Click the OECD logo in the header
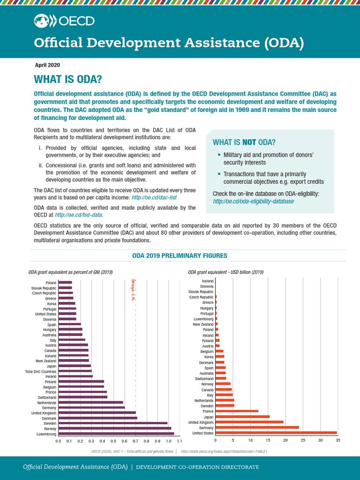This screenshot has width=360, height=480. click(64, 21)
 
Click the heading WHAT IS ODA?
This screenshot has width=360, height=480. click(68, 79)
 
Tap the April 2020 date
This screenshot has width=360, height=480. click(47, 65)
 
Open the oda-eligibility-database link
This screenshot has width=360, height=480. click(253, 201)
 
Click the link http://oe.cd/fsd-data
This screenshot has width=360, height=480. click(79, 215)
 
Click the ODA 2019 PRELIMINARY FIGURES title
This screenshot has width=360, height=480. click(180, 256)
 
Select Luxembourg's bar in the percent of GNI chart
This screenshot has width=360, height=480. click(116, 434)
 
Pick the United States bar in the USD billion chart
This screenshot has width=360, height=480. click(276, 433)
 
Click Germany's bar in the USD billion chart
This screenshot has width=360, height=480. click(257, 427)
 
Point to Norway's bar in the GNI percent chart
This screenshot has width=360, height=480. click(114, 428)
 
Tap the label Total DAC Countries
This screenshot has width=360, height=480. click(41, 371)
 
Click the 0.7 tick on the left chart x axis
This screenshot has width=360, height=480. click(135, 441)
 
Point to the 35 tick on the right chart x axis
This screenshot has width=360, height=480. click(337, 440)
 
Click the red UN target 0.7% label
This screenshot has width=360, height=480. click(133, 289)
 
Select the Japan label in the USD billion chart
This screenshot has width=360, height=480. click(209, 417)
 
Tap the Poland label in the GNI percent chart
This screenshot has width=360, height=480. click(51, 283)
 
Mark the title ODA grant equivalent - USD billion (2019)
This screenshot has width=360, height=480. click(225, 272)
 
